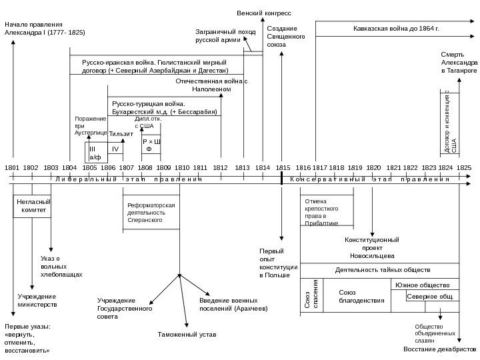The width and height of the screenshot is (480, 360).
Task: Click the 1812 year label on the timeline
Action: [x=221, y=167]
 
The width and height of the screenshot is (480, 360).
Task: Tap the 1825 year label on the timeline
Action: [x=464, y=167]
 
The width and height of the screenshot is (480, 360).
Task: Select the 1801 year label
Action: [x=12, y=167]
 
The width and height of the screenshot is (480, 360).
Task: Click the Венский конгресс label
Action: [x=264, y=13]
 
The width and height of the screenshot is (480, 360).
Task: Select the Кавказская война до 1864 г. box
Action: [x=395, y=30]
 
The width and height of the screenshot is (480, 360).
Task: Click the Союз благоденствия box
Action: [x=352, y=296]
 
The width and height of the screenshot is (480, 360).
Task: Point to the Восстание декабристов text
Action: [x=440, y=349]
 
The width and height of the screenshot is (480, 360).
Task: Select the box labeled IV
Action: [x=115, y=149]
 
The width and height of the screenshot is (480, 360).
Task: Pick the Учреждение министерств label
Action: [x=37, y=299]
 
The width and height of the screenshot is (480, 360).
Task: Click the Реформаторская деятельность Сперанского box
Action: [x=151, y=212]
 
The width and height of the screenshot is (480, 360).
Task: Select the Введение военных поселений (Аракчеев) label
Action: [x=233, y=305]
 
